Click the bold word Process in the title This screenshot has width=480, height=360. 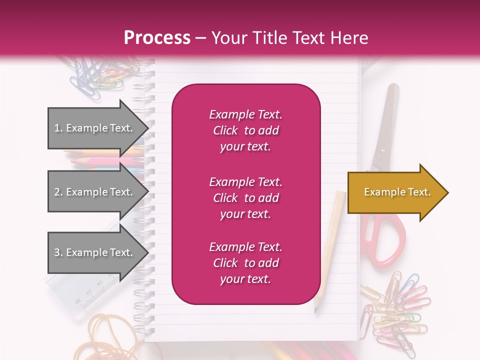click(x=157, y=37)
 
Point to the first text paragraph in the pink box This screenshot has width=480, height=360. click(x=245, y=130)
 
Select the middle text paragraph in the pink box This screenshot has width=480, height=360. click(x=245, y=198)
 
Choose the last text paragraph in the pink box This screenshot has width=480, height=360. click(x=245, y=263)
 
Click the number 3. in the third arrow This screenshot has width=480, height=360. click(x=58, y=252)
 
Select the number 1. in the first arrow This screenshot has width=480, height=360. click(x=58, y=128)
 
